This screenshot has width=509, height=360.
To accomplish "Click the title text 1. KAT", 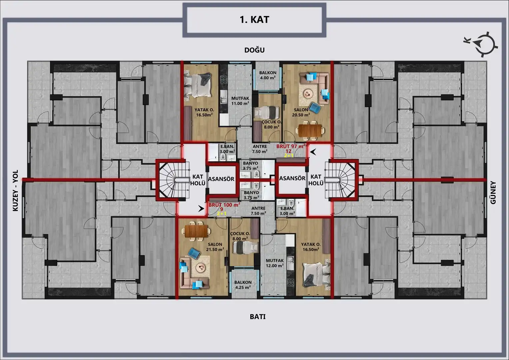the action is (x=255, y=20).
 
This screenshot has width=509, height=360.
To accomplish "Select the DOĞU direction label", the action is (x=255, y=50).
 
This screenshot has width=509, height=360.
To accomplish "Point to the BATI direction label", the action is (x=258, y=317).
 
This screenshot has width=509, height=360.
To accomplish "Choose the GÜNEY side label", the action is (x=493, y=193).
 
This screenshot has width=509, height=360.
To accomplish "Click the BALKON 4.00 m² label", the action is (x=268, y=75).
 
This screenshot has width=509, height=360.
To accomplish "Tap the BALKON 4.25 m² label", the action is (x=243, y=285).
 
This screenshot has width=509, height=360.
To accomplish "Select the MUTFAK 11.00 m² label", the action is (x=240, y=101).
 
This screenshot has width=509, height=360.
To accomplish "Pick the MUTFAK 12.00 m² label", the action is (x=275, y=263).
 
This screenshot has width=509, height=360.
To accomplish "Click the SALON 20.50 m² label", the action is (x=301, y=112).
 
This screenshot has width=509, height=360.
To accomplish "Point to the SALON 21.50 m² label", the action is (x=215, y=247).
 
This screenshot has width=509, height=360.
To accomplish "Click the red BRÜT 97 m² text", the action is (x=291, y=146).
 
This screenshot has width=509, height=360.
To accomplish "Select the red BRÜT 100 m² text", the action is (x=225, y=205).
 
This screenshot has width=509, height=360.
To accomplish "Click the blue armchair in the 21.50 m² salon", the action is (x=194, y=253).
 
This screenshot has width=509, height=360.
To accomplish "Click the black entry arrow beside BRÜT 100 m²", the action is (x=201, y=208).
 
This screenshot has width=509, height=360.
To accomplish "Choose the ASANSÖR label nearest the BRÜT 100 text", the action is (x=221, y=179).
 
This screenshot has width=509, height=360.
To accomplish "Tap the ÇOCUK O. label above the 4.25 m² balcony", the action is (x=240, y=234).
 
